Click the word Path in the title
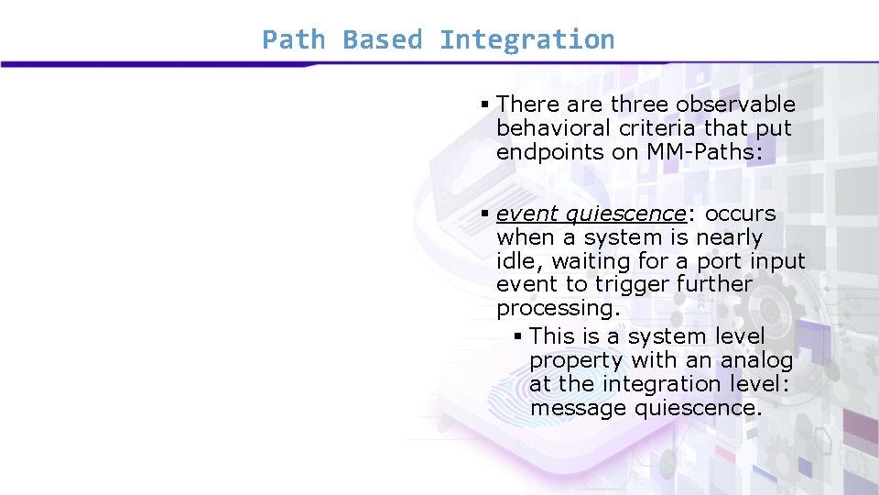tap(293, 40)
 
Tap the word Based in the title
tap(382, 40)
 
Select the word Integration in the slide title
tap(526, 40)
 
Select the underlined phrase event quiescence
tap(590, 214)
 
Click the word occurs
tap(741, 214)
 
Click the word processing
tap(558, 309)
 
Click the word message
tap(578, 408)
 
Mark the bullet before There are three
tap(485, 105)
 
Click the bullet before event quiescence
tap(485, 214)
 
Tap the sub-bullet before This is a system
tap(518, 337)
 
